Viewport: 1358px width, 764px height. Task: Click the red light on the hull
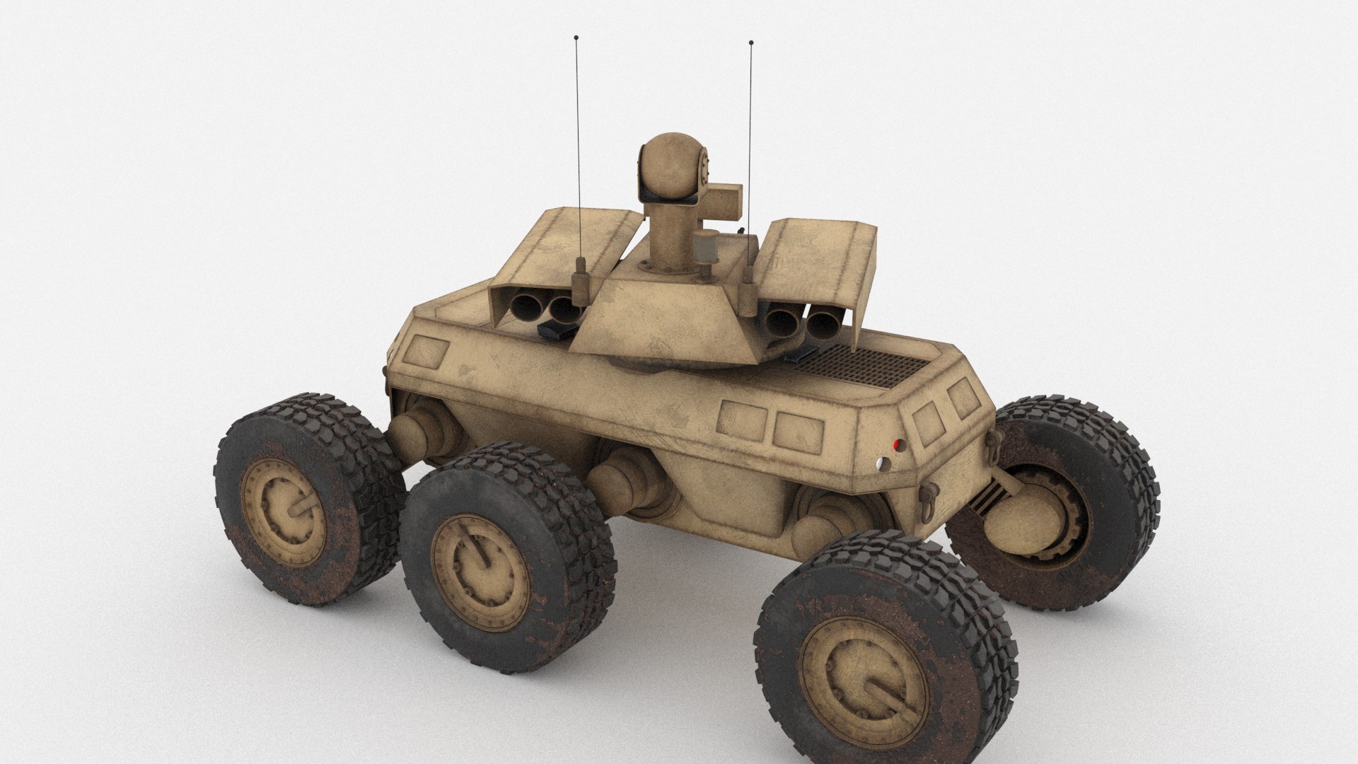[x=898, y=444]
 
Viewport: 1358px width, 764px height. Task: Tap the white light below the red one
[x=879, y=463]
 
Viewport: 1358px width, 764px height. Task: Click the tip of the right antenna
[x=750, y=44]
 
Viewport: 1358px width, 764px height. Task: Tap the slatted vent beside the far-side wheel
[x=983, y=495]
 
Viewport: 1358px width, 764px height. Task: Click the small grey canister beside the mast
[x=705, y=249]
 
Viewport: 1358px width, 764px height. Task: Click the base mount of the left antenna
[x=581, y=276]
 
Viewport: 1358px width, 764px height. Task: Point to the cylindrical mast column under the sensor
[x=663, y=233]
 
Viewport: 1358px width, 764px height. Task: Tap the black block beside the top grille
[x=805, y=352]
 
